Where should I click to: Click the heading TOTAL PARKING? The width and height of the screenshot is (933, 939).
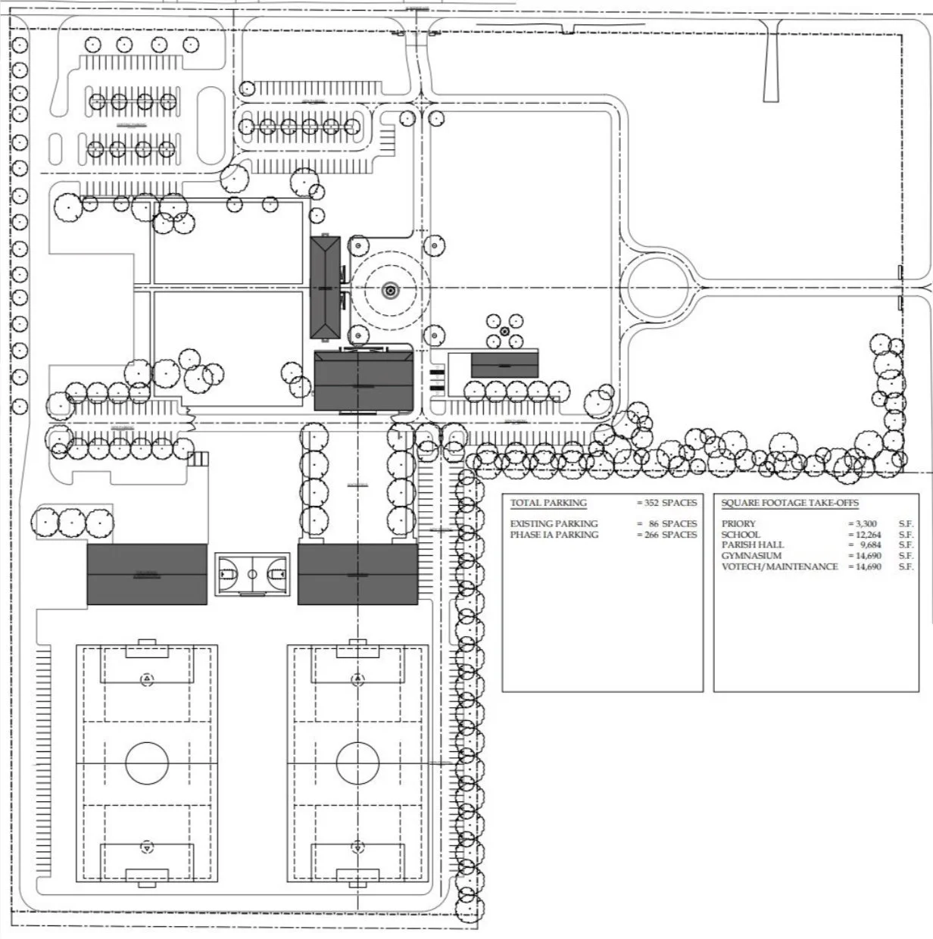548,503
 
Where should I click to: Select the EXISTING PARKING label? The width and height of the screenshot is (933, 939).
554,523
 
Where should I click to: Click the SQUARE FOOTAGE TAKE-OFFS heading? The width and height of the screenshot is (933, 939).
790,503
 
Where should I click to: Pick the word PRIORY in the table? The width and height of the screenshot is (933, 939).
738,523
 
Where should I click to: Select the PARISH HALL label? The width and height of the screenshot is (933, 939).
753,544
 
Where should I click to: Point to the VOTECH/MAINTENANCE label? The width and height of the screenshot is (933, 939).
779,566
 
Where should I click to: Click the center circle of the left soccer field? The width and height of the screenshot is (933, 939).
147,763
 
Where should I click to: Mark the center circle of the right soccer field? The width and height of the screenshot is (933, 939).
357,763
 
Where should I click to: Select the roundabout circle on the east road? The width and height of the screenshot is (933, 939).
658,287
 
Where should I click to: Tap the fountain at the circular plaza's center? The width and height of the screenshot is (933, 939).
390,289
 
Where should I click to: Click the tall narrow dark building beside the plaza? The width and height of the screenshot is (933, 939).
326,289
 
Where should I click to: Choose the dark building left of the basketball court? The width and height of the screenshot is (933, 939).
147,574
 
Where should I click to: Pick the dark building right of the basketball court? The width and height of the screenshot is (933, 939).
357,574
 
